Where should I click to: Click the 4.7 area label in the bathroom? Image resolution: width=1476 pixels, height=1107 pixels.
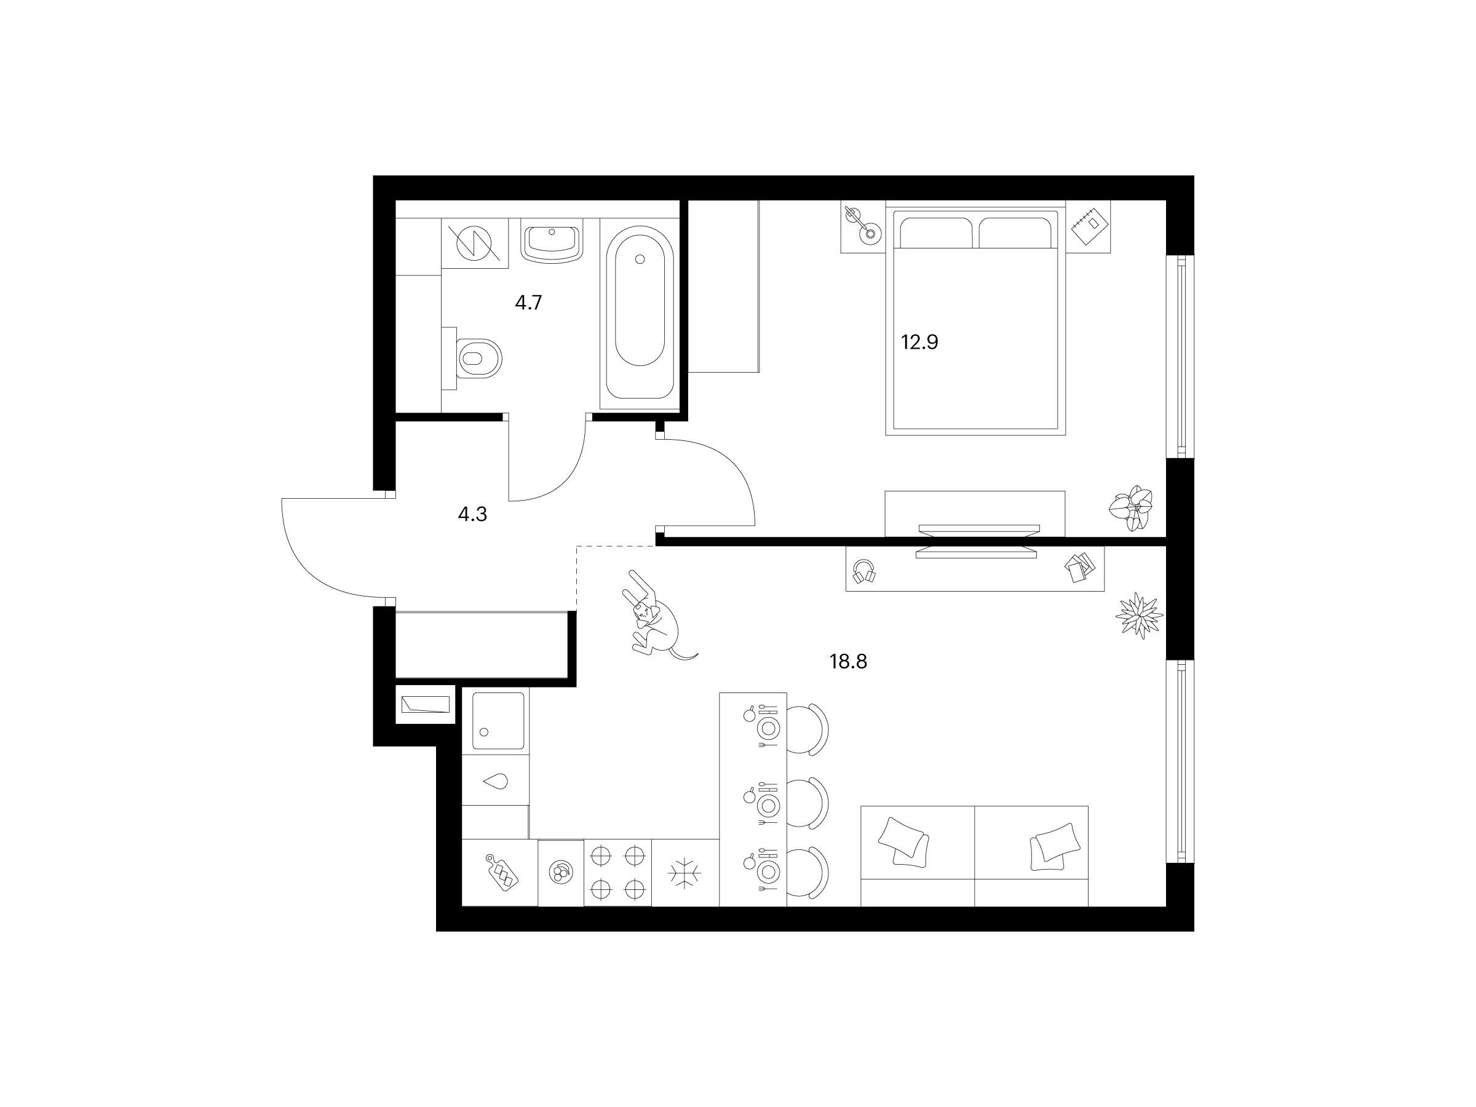[x=528, y=303]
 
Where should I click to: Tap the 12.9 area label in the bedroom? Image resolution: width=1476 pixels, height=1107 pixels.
[x=919, y=343]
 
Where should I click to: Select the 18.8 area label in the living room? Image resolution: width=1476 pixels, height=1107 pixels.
[x=848, y=662]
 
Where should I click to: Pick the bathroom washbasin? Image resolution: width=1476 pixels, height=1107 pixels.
[x=552, y=243]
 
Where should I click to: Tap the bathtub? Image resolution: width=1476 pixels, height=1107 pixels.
[x=639, y=313]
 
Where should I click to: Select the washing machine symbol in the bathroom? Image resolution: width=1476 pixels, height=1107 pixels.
[x=474, y=243]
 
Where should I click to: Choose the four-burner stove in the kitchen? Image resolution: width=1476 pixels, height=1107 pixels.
[x=618, y=872]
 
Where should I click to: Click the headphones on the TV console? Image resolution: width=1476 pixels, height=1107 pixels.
[x=865, y=571]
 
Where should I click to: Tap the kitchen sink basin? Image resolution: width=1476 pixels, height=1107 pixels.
[x=498, y=721]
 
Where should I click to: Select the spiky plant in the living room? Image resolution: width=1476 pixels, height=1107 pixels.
[x=1139, y=614]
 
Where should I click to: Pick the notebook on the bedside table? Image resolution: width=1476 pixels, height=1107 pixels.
[x=1089, y=226]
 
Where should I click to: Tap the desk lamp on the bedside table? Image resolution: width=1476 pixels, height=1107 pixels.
[x=862, y=225]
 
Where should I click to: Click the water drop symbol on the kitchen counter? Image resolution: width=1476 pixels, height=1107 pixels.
[x=495, y=782]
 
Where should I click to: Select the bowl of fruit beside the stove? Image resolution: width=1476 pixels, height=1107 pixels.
[x=560, y=872]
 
